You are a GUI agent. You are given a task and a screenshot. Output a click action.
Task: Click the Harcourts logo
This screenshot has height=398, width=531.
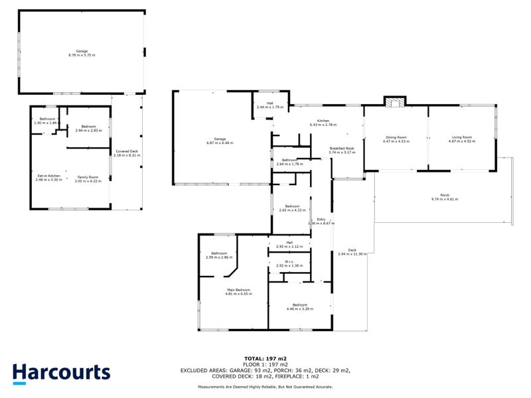[x=61, y=372]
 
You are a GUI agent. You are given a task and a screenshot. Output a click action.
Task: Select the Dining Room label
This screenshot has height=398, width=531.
[x=396, y=138]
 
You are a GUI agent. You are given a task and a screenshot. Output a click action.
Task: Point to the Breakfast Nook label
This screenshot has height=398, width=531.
[x=342, y=149]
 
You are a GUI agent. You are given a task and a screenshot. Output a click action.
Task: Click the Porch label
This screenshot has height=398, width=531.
[x=445, y=196]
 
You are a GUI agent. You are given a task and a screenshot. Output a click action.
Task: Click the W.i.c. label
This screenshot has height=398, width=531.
[x=289, y=262]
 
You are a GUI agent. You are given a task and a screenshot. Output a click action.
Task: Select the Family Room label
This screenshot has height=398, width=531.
[x=88, y=177]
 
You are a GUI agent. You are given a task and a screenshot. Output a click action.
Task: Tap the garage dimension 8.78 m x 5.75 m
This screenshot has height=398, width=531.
[x=82, y=55]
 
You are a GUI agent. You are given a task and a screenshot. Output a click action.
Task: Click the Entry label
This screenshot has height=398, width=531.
[x=321, y=219]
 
